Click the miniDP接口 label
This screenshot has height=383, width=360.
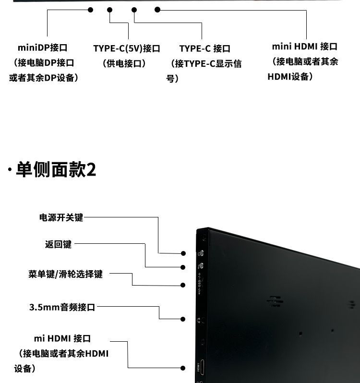pyautogui.click(x=42, y=48)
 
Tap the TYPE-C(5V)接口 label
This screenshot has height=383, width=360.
pyautogui.click(x=126, y=48)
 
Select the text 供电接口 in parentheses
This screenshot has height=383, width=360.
pyautogui.click(x=124, y=63)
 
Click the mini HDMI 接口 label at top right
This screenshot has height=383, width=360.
pyautogui.click(x=305, y=47)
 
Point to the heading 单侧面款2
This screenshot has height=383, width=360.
pyautogui.click(x=56, y=169)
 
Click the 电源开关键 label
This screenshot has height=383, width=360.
pyautogui.click(x=61, y=217)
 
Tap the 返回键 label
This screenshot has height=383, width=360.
pyautogui.click(x=58, y=244)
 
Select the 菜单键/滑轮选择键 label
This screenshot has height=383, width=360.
pyautogui.click(x=65, y=274)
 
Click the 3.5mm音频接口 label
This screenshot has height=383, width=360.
pyautogui.click(x=62, y=307)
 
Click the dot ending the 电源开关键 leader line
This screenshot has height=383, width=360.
pyautogui.click(x=183, y=253)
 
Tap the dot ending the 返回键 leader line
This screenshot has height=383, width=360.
pyautogui.click(x=183, y=267)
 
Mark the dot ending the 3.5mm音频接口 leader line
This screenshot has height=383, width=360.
pyautogui.click(x=183, y=319)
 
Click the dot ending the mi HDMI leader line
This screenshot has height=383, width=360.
pyautogui.click(x=183, y=368)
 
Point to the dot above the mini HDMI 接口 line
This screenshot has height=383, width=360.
pyautogui.click(x=157, y=9)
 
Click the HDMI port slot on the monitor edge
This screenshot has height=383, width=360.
pyautogui.click(x=202, y=368)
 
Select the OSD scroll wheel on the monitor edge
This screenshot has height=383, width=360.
pyautogui.click(x=201, y=285)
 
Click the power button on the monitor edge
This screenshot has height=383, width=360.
pyautogui.click(x=201, y=253)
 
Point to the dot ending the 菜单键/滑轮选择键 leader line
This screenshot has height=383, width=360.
pyautogui.click(x=183, y=285)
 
